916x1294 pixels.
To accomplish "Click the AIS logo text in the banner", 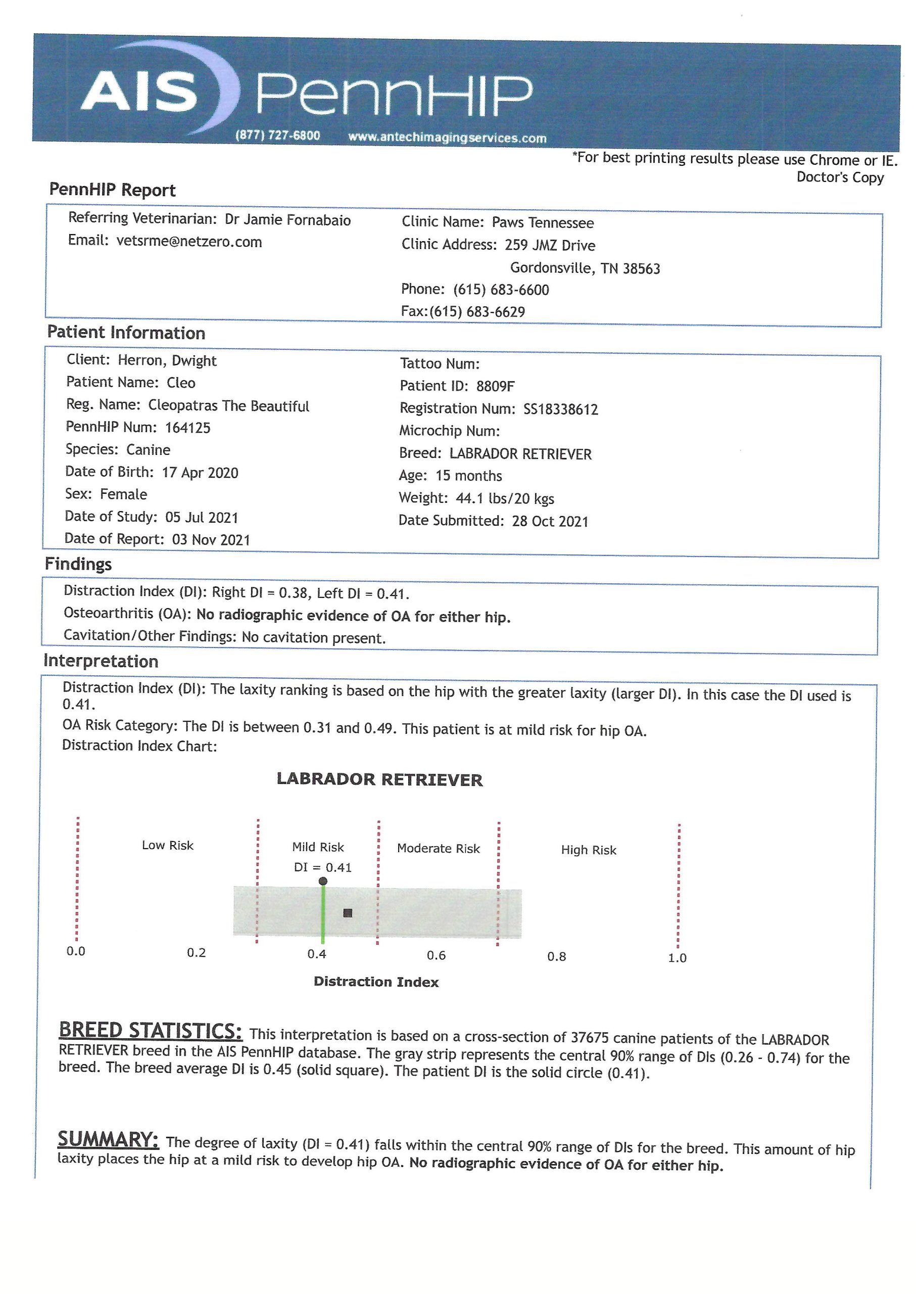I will point(139,91).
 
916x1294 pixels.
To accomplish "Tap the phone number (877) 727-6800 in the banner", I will point(277,135).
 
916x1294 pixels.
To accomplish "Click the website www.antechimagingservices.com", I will point(447,137).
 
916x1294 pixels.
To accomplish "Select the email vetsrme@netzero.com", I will point(189,242).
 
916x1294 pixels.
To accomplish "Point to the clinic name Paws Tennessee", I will point(543,223).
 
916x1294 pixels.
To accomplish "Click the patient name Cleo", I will point(181,383).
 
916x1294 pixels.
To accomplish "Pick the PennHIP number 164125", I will point(188,428).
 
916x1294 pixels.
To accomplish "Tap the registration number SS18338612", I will point(561,409).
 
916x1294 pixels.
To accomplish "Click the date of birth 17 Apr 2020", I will point(200,472).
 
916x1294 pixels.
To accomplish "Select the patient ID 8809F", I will point(495,387).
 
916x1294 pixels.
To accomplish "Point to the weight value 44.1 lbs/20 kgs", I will point(505,499).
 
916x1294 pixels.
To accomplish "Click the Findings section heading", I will point(78,564).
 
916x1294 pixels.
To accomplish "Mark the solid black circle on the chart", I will point(323,881).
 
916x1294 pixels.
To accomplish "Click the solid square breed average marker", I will point(348,913).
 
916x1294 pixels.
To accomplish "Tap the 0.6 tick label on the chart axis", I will point(436,955).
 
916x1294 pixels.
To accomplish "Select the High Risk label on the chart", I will point(588,850).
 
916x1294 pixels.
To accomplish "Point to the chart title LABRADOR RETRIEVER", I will point(379,780).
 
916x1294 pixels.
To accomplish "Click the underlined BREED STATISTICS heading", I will point(151,1031).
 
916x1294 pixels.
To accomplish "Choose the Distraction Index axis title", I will point(376,982).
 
